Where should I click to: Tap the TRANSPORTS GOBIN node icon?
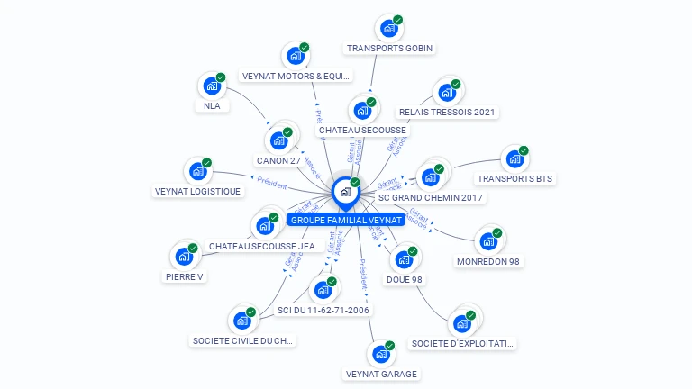coord(388,29)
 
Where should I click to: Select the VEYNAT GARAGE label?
coord(382,374)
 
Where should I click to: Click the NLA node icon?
coord(212,86)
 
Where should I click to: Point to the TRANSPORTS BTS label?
coord(514,178)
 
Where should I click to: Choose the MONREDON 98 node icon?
coord(487,242)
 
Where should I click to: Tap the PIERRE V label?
coord(185,276)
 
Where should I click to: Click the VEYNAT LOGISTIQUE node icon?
coord(197,172)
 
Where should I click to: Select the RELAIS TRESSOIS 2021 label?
coord(447,113)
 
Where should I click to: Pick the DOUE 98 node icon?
coord(404,260)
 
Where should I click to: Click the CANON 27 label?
coord(278,160)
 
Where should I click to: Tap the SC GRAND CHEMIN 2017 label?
coord(431,197)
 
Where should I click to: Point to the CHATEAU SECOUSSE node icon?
coord(362,111)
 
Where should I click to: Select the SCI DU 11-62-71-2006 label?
coord(323,310)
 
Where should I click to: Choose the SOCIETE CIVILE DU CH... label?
coord(242,340)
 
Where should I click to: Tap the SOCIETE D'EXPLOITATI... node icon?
coord(463,323)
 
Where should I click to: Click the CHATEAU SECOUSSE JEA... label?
coord(265,246)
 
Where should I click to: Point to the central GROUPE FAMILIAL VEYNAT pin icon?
coord(345,192)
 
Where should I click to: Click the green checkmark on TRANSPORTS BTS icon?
coord(524,150)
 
